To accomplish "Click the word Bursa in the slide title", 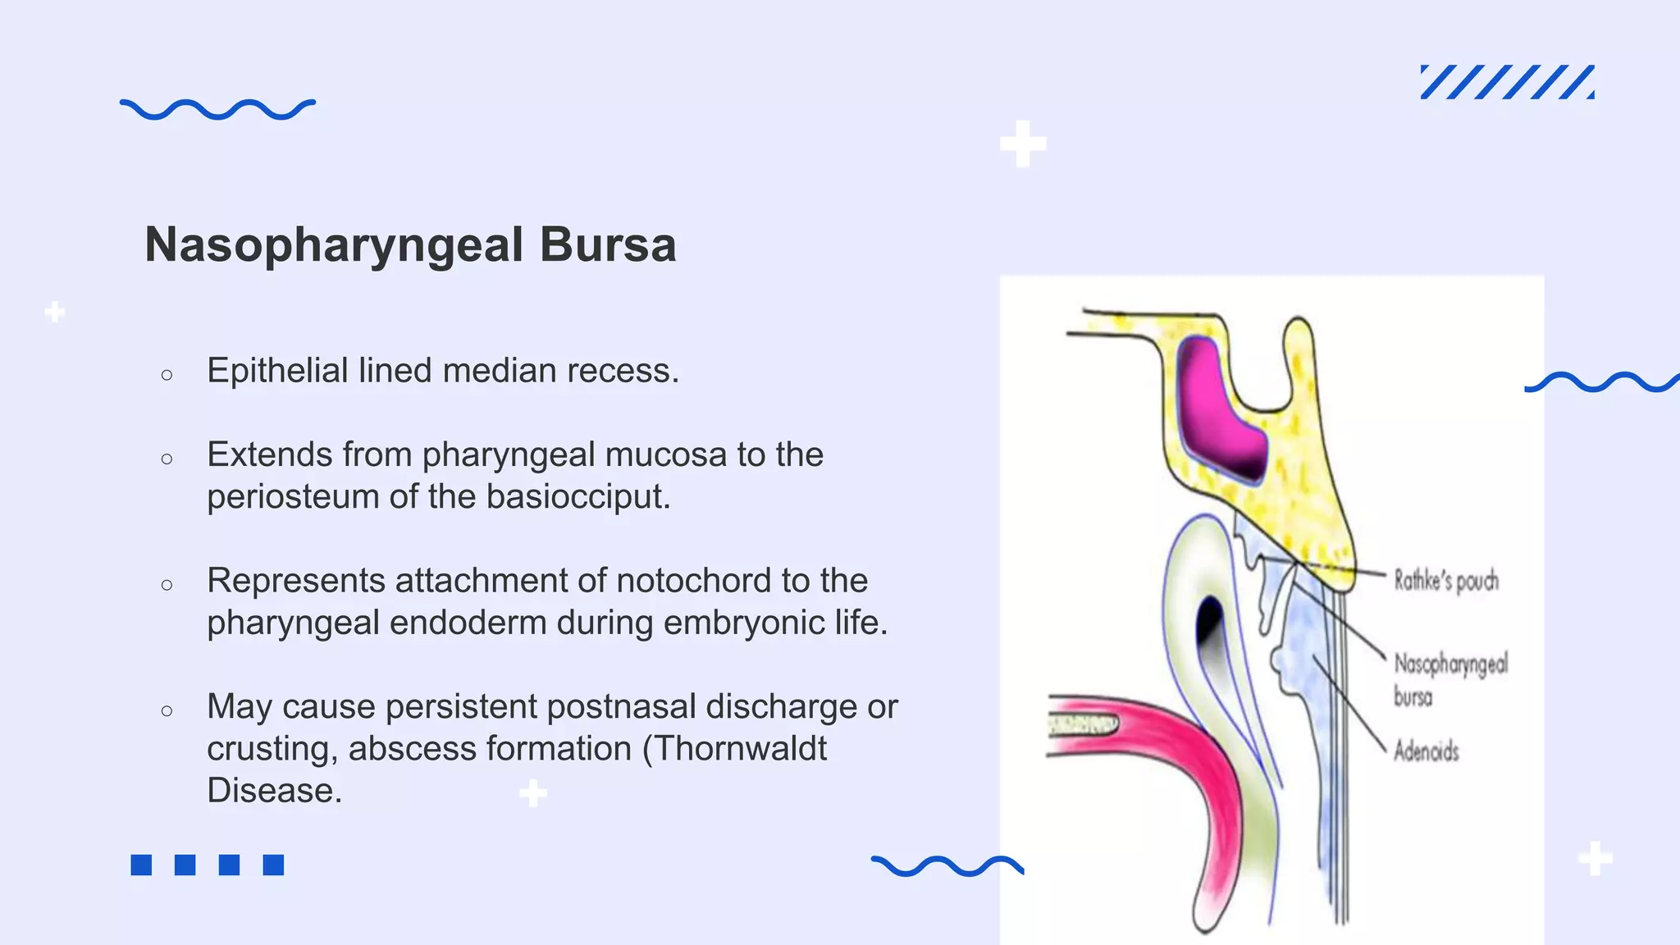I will click(607, 244).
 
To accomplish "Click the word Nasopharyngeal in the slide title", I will click(334, 244).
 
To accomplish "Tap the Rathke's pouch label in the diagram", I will click(1446, 581).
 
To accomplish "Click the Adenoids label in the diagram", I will click(1427, 751).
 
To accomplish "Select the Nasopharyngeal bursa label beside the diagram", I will click(1449, 678).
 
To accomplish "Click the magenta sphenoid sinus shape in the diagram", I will click(1220, 410).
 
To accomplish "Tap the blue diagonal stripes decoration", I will click(1507, 82).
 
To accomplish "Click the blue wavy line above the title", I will click(217, 109).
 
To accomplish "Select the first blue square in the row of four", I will click(141, 865).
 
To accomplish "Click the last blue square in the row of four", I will click(273, 865).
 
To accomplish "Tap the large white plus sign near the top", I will click(1023, 144).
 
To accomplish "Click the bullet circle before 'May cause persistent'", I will click(167, 710).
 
